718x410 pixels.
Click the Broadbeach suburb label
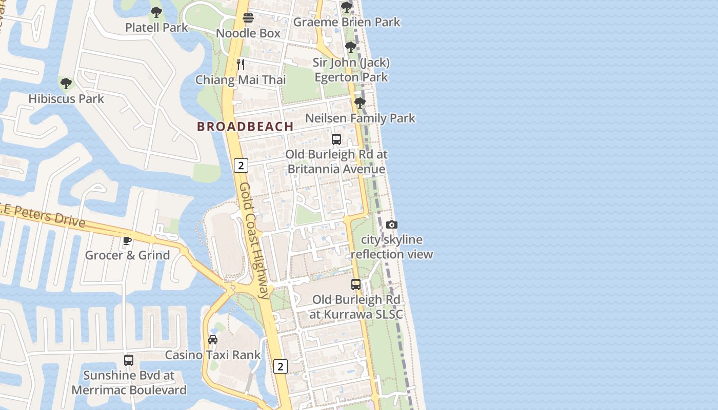245,127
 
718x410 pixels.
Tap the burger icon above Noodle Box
248,18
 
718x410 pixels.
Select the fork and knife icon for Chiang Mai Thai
241,65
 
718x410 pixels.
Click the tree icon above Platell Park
156,12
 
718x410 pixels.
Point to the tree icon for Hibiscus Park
66,84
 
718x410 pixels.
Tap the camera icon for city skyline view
392,224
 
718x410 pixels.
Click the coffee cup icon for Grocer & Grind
127,240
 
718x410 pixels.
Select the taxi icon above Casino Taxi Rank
213,339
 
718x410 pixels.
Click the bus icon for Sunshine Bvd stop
129,360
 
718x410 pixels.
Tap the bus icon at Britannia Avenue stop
336,139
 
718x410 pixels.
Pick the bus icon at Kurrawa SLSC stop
356,284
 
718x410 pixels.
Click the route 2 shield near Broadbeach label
241,165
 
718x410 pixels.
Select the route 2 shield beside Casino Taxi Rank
280,366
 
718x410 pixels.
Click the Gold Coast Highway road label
253,241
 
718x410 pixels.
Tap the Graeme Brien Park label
346,22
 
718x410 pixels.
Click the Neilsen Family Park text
360,118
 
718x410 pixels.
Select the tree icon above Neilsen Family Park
360,103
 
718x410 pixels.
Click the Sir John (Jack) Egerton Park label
351,70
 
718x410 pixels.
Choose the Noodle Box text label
248,33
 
